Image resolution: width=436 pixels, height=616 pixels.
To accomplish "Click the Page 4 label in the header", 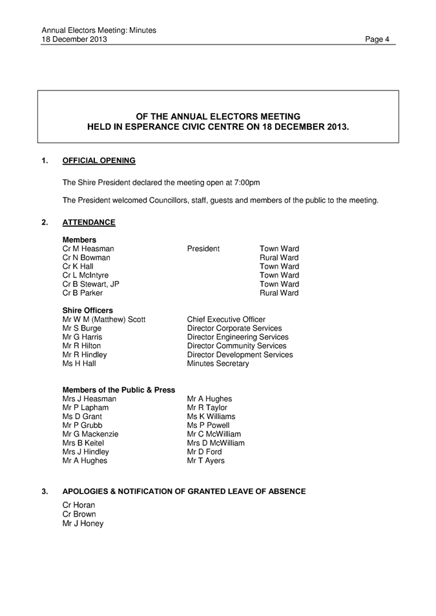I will point(377,39).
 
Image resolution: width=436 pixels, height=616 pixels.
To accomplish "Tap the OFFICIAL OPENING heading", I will point(99,161).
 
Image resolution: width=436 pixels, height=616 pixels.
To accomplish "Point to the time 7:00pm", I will point(245,182).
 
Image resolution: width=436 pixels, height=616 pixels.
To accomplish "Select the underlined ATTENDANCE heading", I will point(88,223).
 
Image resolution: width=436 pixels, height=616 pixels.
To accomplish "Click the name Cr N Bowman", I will point(86,258).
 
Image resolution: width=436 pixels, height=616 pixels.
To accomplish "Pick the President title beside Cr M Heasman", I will point(203,249).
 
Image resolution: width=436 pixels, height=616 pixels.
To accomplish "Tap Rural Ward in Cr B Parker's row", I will point(278,293).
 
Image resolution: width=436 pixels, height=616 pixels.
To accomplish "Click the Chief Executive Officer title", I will point(225,319).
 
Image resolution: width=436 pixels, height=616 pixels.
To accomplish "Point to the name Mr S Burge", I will point(82,328).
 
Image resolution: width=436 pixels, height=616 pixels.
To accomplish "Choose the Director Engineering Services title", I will point(237,337).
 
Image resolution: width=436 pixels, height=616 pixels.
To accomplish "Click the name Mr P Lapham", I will point(85,407).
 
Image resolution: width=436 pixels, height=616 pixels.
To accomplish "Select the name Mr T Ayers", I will point(206,461).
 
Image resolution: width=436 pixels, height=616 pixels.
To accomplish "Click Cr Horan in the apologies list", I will point(78,504).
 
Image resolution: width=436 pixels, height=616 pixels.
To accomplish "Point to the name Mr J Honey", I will point(83,523).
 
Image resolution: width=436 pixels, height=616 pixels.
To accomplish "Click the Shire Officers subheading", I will point(87,310).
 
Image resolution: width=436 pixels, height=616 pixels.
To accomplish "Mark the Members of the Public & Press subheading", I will point(118,390).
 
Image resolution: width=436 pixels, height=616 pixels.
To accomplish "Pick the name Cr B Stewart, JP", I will point(90,284).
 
